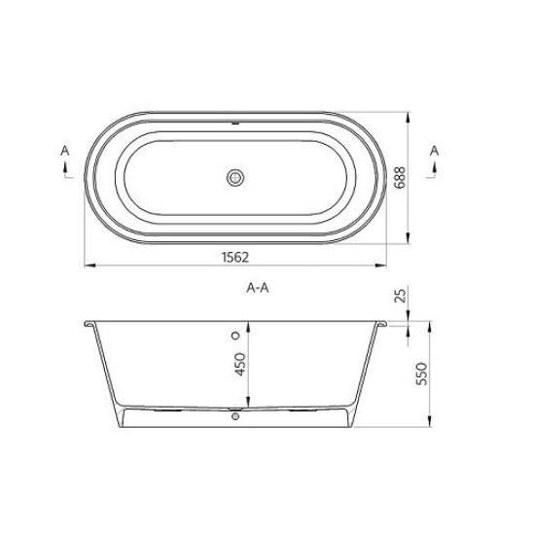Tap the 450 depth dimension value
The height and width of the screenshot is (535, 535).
pyautogui.click(x=240, y=366)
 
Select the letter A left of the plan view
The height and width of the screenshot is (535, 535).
pyautogui.click(x=64, y=151)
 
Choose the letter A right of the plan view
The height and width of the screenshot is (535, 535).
pyautogui.click(x=434, y=151)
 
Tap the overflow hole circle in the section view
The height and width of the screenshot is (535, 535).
pyautogui.click(x=235, y=335)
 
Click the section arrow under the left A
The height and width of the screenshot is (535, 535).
pyautogui.click(x=65, y=171)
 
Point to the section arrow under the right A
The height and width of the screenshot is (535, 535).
pyautogui.click(x=434, y=171)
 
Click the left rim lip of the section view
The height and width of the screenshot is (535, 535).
pyautogui.click(x=89, y=322)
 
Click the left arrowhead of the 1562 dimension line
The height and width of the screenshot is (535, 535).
pyautogui.click(x=85, y=263)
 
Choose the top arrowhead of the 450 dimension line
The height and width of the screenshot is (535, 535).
pyautogui.click(x=249, y=321)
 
